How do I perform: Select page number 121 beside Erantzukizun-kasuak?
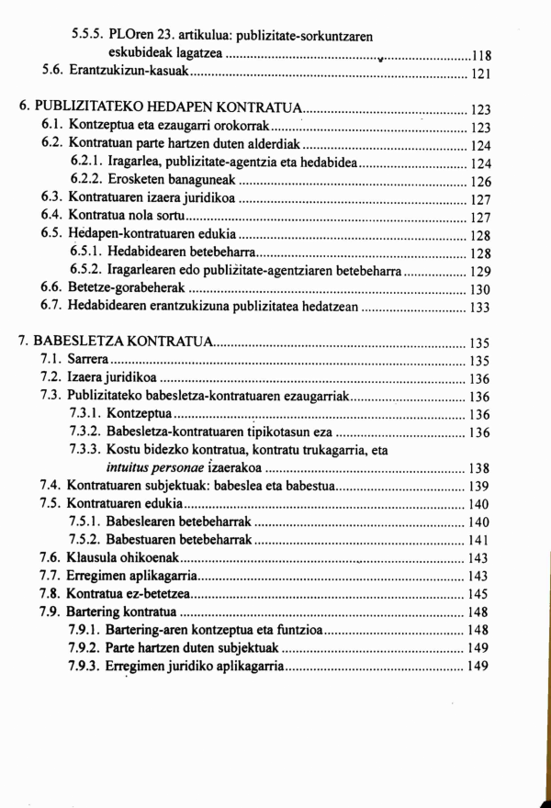coord(481,73)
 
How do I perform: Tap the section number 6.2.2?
coord(87,181)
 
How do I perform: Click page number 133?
coord(481,308)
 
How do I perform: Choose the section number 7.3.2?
coord(86,432)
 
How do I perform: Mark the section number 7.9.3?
coord(86,666)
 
